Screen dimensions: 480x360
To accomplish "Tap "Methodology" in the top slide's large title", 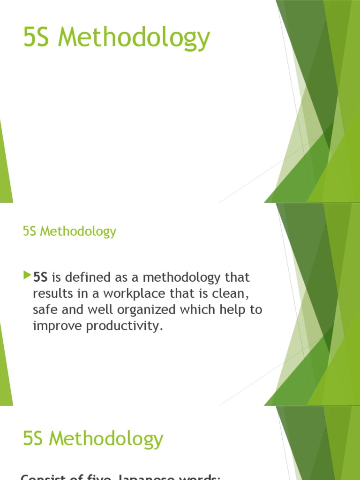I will point(134,39).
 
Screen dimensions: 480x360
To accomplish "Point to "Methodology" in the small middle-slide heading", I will point(78,232).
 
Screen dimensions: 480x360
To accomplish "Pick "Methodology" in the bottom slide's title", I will point(106,440).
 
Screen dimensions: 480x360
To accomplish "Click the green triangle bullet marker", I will point(26,276).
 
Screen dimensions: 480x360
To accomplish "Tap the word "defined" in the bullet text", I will point(85,277).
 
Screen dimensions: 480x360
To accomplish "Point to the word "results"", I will point(49,294).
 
